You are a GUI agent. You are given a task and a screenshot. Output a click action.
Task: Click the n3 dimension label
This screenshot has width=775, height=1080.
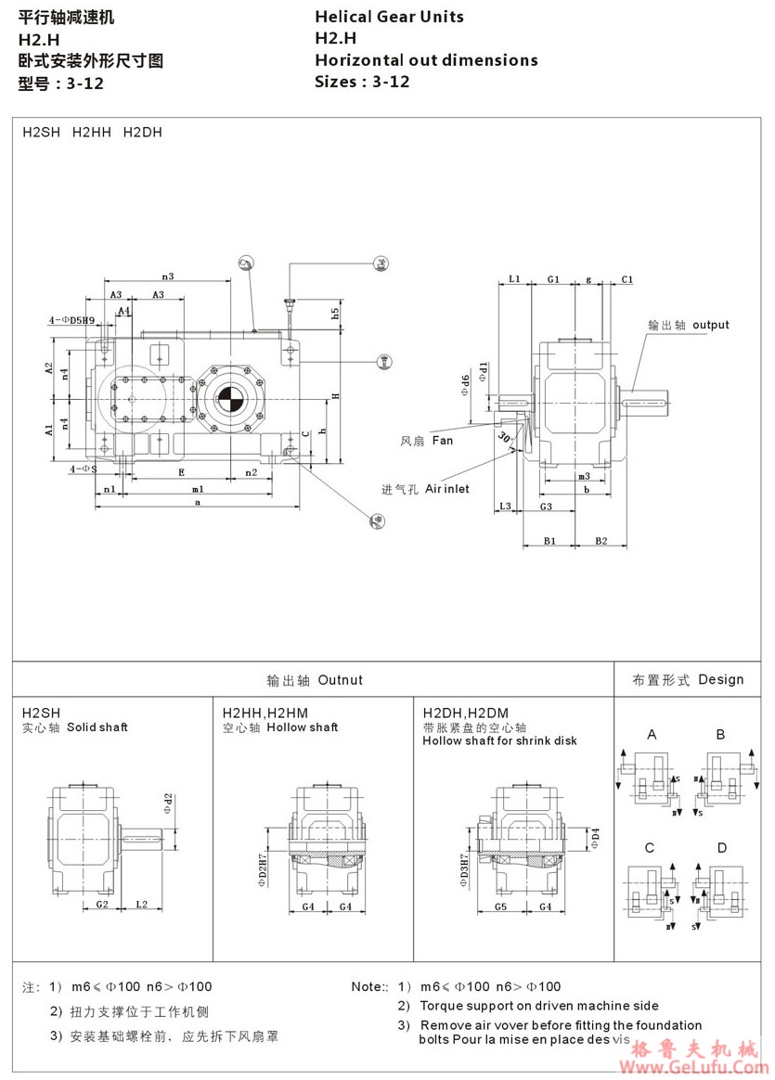[x=168, y=276]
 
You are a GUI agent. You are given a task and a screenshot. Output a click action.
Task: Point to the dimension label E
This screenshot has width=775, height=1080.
[x=180, y=472]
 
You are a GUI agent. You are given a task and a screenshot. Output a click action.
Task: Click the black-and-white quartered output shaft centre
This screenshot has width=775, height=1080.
[x=228, y=400]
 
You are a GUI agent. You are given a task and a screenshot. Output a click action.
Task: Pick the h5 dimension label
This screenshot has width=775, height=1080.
[x=335, y=314]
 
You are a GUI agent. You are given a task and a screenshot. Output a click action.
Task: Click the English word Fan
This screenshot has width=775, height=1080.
[x=443, y=441]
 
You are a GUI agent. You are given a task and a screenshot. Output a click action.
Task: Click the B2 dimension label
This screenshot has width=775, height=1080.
[x=601, y=540]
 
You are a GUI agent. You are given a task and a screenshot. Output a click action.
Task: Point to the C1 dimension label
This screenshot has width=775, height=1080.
[x=627, y=279]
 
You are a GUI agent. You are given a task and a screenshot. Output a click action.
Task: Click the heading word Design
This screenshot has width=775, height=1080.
[x=721, y=679]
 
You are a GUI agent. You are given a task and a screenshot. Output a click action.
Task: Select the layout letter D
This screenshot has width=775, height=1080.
[x=721, y=848]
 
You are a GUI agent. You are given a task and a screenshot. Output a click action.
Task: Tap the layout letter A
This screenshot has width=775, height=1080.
[x=652, y=735]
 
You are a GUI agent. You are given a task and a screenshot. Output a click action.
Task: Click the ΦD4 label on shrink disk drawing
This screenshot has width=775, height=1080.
[x=596, y=838]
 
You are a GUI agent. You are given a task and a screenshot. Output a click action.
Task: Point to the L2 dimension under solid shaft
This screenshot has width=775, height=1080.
[x=141, y=905]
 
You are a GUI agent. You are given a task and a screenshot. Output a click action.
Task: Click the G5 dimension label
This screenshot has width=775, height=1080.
[x=499, y=906]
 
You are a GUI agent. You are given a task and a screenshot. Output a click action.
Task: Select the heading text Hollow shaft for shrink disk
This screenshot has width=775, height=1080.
[x=499, y=740]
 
